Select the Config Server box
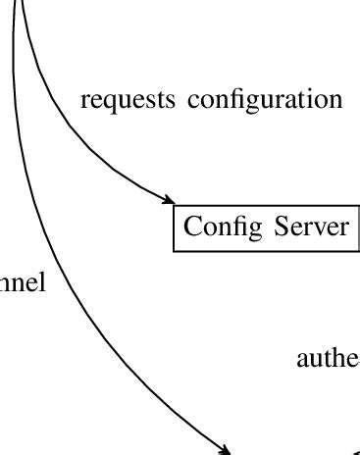(x=265, y=227)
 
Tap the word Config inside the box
(x=217, y=227)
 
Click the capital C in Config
(x=192, y=227)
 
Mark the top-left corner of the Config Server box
(x=174, y=205)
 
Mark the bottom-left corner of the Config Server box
(x=174, y=251)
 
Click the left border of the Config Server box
(x=174, y=227)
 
